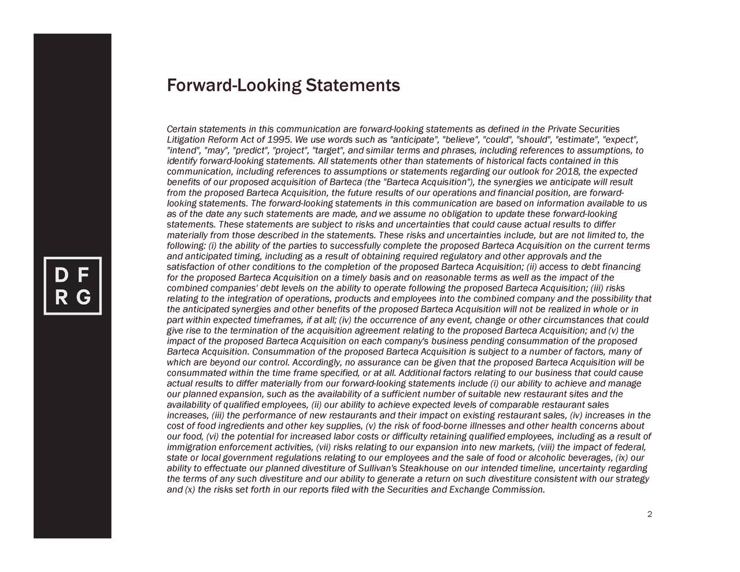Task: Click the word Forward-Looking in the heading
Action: point(234,86)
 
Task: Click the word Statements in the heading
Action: point(353,86)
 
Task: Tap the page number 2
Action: point(650,515)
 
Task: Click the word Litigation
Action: point(182,139)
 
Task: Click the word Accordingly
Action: point(316,363)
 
